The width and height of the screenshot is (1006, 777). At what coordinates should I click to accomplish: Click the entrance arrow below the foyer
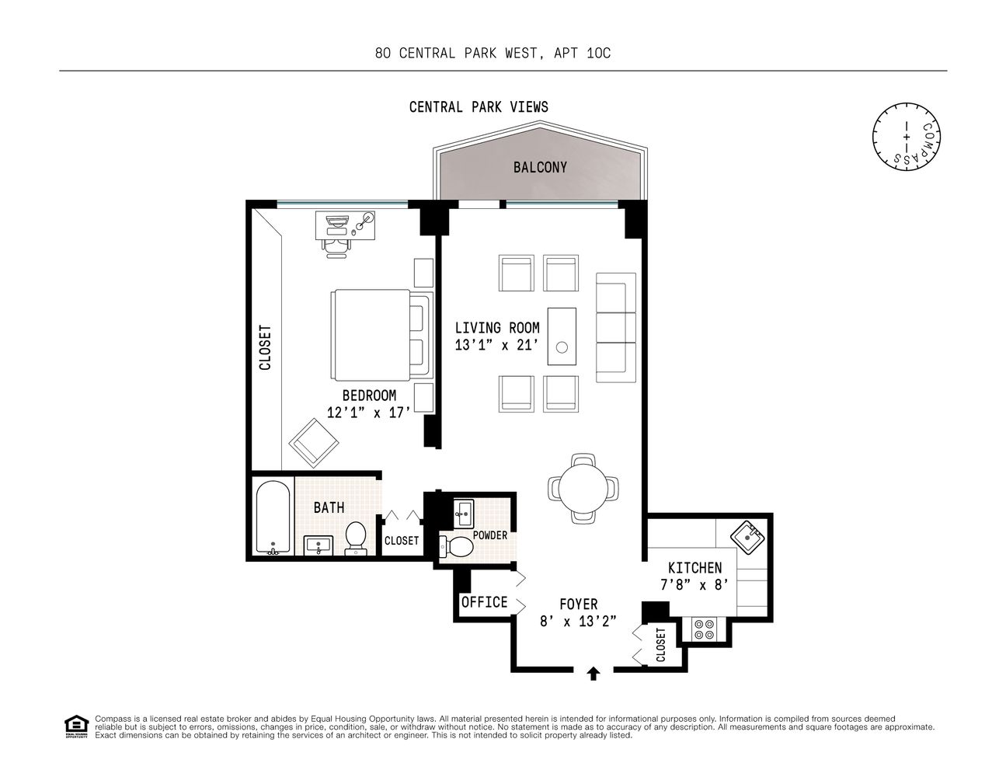(x=594, y=673)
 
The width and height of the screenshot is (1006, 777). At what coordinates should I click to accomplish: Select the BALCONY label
(x=540, y=167)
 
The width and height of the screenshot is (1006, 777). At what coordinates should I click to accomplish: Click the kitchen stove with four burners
(x=704, y=629)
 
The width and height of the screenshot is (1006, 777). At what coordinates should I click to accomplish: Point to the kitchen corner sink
(x=748, y=536)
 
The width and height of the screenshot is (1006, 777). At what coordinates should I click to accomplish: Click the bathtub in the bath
(x=273, y=518)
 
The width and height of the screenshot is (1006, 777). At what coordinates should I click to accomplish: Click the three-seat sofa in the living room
(x=615, y=322)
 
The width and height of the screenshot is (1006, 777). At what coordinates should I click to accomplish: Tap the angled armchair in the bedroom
(x=314, y=442)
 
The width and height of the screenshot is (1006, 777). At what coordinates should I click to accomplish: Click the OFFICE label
(x=484, y=602)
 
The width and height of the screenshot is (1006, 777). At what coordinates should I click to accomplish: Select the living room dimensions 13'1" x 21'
(x=497, y=345)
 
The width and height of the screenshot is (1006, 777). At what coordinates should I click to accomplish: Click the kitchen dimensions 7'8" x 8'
(x=694, y=585)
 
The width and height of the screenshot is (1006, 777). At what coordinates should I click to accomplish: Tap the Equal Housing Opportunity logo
(x=75, y=726)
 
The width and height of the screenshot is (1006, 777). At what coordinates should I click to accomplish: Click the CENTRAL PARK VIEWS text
(x=479, y=107)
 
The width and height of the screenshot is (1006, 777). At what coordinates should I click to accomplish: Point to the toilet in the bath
(x=355, y=538)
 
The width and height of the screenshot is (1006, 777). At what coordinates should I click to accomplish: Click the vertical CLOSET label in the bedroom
(x=265, y=347)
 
